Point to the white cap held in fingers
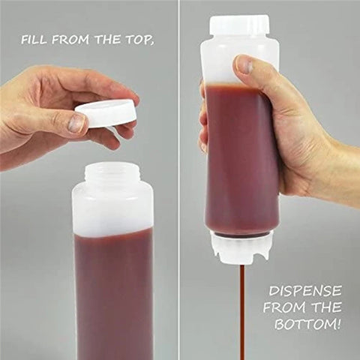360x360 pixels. [x=106, y=112]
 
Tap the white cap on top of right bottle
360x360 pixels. [x=239, y=25]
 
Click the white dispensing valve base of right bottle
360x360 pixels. [x=238, y=247]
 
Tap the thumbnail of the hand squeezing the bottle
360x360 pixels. [x=243, y=65]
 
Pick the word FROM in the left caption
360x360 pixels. [x=76, y=39]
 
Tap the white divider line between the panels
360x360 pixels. [x=178, y=180]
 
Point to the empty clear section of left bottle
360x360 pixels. [x=112, y=210]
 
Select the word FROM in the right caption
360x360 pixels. [x=286, y=308]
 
